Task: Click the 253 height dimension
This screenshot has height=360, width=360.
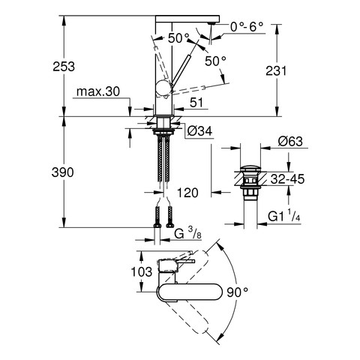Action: [x=64, y=67]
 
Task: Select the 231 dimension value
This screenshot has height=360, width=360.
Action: [x=276, y=70]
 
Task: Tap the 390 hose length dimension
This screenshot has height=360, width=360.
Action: [x=62, y=172]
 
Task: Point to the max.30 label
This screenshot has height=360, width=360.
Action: [x=98, y=91]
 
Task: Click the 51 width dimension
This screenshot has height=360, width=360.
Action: [x=196, y=102]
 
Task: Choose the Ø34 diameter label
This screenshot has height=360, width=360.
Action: [x=199, y=130]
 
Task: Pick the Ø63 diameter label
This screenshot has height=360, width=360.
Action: [x=290, y=142]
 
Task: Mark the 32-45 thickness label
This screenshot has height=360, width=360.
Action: [x=287, y=179]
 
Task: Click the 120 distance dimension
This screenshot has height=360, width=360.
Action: [x=187, y=193]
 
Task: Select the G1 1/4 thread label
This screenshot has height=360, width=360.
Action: [x=283, y=215]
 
